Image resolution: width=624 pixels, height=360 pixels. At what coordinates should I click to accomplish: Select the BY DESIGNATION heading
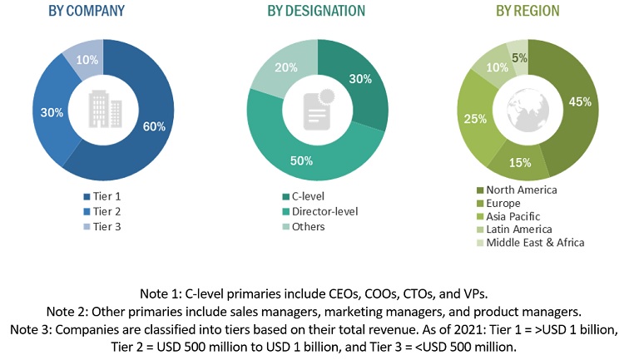coord(315,12)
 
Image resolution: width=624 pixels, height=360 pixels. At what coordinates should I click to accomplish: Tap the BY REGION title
coord(527,12)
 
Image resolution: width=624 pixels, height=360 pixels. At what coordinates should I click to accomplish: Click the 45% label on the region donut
coord(580,102)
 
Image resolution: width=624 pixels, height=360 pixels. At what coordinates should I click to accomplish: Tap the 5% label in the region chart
coord(518,57)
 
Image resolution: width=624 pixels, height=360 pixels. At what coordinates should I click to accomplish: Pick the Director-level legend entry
coord(320,211)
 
